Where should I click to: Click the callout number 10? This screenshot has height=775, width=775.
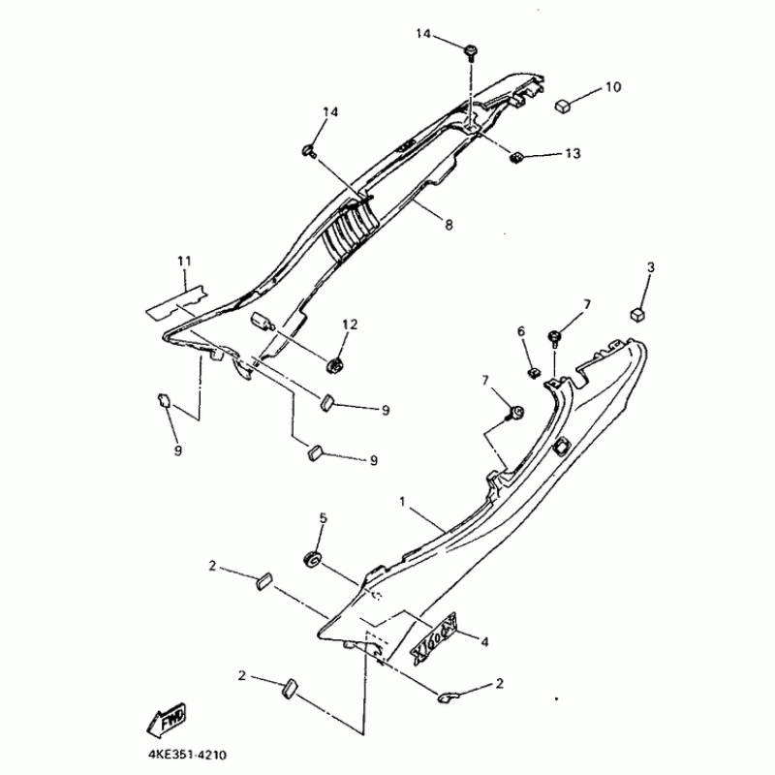tap(613, 87)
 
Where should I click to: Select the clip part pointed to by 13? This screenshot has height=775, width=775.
tap(517, 154)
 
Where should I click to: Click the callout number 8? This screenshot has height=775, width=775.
tap(449, 225)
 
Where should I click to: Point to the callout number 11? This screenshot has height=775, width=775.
tap(184, 261)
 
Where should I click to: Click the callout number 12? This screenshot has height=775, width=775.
tap(349, 324)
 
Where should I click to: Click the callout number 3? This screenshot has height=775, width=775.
tap(651, 266)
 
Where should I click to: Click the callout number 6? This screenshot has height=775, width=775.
tap(520, 332)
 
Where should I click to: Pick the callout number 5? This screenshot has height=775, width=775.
tap(324, 518)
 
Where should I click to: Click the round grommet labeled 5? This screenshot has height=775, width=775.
tap(313, 559)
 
